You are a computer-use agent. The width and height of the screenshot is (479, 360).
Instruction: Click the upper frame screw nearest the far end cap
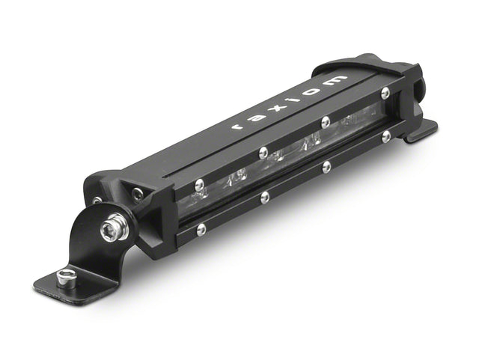click(385, 94)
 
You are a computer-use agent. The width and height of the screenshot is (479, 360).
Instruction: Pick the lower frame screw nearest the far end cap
click(386, 136)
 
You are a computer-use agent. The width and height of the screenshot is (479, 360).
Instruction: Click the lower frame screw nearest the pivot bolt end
click(201, 230)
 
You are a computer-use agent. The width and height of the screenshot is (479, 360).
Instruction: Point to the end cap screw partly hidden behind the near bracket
click(97, 200)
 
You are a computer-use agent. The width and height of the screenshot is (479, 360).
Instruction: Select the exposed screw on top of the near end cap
click(137, 193)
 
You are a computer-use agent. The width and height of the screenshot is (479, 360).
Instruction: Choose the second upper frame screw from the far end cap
click(325, 122)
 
